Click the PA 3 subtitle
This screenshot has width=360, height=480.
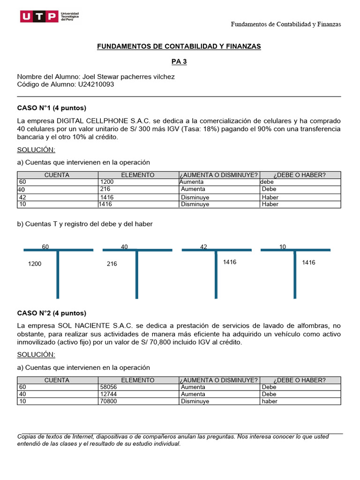pyautogui.click(x=179, y=61)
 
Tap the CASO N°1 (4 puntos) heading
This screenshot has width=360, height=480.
pyautogui.click(x=52, y=108)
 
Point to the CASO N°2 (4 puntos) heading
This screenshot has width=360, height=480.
pyautogui.click(x=52, y=313)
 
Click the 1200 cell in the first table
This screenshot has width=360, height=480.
pyautogui.click(x=107, y=182)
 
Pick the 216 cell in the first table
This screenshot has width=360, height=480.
pyautogui.click(x=105, y=189)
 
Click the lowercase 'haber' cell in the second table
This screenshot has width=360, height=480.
pyautogui.click(x=270, y=401)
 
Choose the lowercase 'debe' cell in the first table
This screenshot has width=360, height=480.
pyautogui.click(x=267, y=182)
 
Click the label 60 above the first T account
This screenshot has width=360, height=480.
pyautogui.click(x=45, y=247)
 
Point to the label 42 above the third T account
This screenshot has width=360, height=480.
pyautogui.click(x=203, y=247)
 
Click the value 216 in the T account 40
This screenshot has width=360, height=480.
pyautogui.click(x=112, y=264)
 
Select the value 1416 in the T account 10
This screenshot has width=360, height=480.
pyautogui.click(x=308, y=262)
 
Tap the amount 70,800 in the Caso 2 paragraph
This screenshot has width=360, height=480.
pyautogui.click(x=163, y=342)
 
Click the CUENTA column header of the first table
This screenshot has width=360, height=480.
pyautogui.click(x=57, y=175)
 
